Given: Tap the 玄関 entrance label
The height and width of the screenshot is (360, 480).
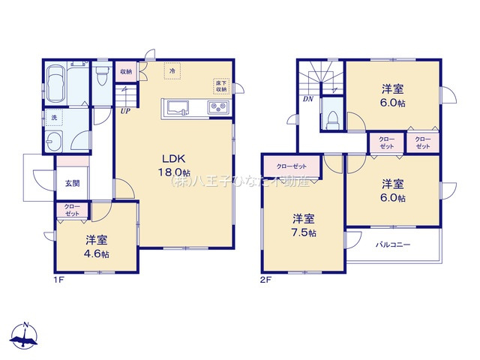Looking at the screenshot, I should (71, 183).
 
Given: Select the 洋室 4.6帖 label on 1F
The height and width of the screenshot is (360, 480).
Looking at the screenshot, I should (95, 247).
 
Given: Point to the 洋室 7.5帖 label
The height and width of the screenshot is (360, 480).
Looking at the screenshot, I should (303, 225).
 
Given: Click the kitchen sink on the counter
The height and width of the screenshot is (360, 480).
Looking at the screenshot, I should (179, 108).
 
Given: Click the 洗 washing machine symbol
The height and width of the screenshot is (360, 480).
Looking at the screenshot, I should (54, 118).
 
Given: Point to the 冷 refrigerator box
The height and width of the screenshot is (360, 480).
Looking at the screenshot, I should (172, 71).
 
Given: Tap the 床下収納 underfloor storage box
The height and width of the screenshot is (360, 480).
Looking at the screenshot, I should (220, 85).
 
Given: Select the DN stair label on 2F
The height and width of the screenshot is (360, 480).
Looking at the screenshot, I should (307, 98).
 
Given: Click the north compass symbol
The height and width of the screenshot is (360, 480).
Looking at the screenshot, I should (27, 336).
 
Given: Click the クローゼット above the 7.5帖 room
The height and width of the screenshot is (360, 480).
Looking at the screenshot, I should (290, 166).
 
